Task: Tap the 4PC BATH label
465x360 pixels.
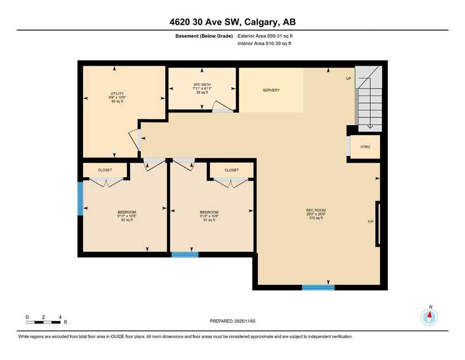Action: tap(202, 85)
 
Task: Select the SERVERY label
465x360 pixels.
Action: tap(271, 90)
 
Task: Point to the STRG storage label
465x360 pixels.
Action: tap(365, 147)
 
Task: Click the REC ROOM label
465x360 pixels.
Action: tap(316, 210)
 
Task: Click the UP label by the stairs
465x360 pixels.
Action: tap(348, 79)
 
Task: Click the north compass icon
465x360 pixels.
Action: tap(429, 317)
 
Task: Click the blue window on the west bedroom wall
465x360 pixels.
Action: tap(80, 199)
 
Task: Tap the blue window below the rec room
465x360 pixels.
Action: tap(318, 287)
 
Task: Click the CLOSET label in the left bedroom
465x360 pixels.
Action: tap(105, 170)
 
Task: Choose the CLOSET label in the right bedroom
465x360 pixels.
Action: tap(231, 170)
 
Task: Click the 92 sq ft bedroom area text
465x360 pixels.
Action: tap(126, 220)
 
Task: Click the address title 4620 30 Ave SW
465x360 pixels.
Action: tap(232, 22)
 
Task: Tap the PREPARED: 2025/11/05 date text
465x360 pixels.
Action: tap(232, 321)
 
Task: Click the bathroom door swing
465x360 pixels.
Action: tap(221, 107)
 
